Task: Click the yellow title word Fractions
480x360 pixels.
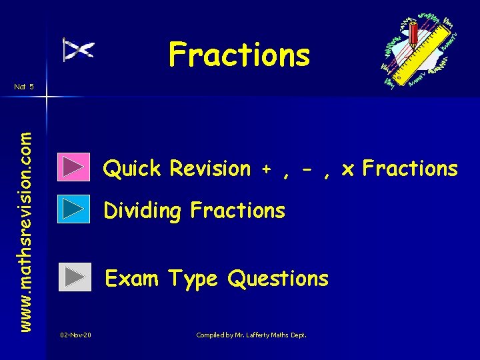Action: (239, 55)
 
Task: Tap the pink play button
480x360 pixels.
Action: (74, 168)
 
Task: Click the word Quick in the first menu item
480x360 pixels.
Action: (132, 169)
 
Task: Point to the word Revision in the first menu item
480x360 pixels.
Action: (209, 169)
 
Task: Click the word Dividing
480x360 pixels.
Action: (143, 211)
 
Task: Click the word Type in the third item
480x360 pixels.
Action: (193, 279)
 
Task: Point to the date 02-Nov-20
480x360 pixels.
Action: (75, 335)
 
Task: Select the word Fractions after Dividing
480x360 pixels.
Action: (237, 211)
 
